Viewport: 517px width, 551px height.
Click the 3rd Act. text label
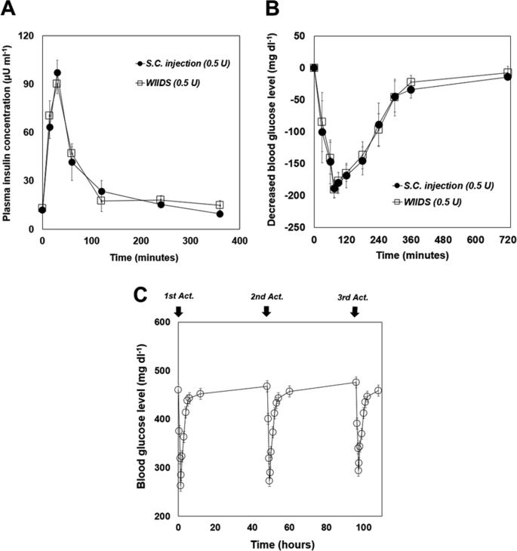click(353, 297)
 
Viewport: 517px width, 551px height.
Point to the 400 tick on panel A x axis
click(239, 241)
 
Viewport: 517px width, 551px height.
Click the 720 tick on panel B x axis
click(507, 241)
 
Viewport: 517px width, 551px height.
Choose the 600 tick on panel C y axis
click(162, 322)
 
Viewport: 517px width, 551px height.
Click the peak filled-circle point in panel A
click(57, 73)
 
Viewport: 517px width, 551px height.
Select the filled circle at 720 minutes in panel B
click(507, 77)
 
